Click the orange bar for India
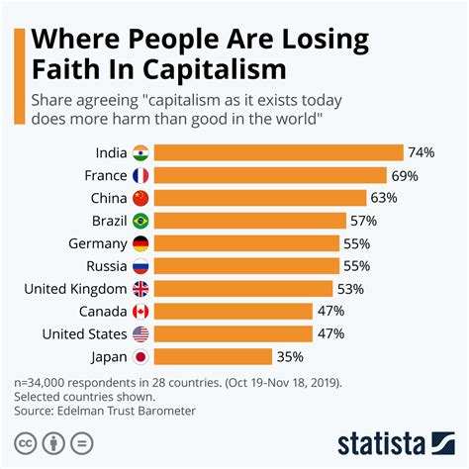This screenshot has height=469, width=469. (x=280, y=152)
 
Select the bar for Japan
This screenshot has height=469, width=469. (x=215, y=357)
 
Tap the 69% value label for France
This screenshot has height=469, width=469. (x=403, y=175)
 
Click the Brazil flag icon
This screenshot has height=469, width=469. (x=141, y=221)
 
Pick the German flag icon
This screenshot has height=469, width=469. (x=141, y=243)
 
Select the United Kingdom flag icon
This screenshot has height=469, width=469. (x=141, y=289)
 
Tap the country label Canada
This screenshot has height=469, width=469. (x=102, y=312)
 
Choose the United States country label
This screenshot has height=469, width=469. (x=84, y=334)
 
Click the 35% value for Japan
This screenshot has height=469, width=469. (x=289, y=357)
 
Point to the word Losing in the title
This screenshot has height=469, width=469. (x=316, y=40)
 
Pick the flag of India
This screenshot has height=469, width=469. (x=141, y=152)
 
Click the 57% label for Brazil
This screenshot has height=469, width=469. (x=364, y=221)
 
